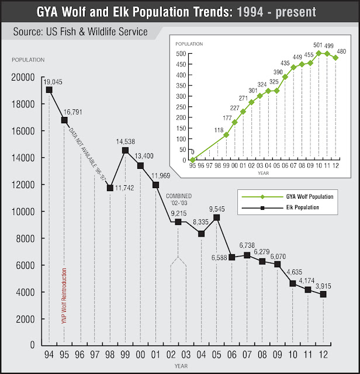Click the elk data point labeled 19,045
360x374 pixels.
[x=49, y=89]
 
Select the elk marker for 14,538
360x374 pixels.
[x=125, y=150]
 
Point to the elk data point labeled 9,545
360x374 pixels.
[x=216, y=217]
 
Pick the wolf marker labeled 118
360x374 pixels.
[x=226, y=134]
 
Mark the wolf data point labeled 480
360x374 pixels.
[x=335, y=57]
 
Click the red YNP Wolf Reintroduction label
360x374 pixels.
[x=64, y=295]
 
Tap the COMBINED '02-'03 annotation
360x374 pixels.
[x=179, y=199]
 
